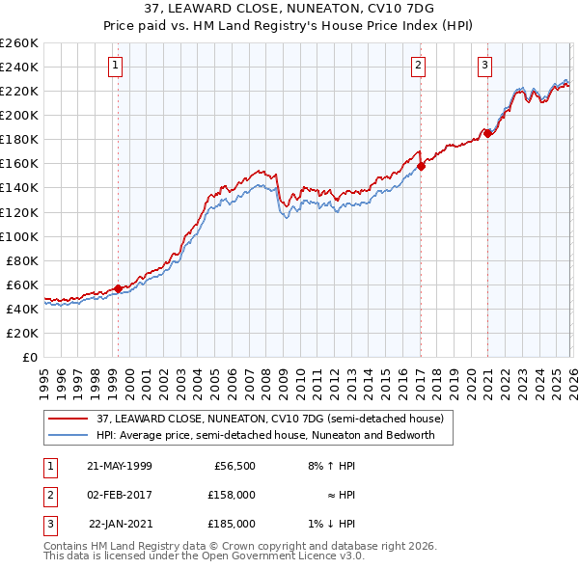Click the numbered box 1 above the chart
[x=115, y=66]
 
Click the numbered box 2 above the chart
[x=418, y=66]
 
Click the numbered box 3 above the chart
[x=484, y=66]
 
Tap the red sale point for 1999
[x=118, y=288]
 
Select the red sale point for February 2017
[x=421, y=166]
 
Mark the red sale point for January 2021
[x=488, y=133]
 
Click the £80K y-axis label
[x=22, y=260]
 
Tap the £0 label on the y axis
[x=29, y=357]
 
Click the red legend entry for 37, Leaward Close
[x=269, y=419]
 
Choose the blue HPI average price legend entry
[x=265, y=435]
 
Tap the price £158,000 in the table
[x=232, y=495]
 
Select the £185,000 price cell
[x=232, y=524]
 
